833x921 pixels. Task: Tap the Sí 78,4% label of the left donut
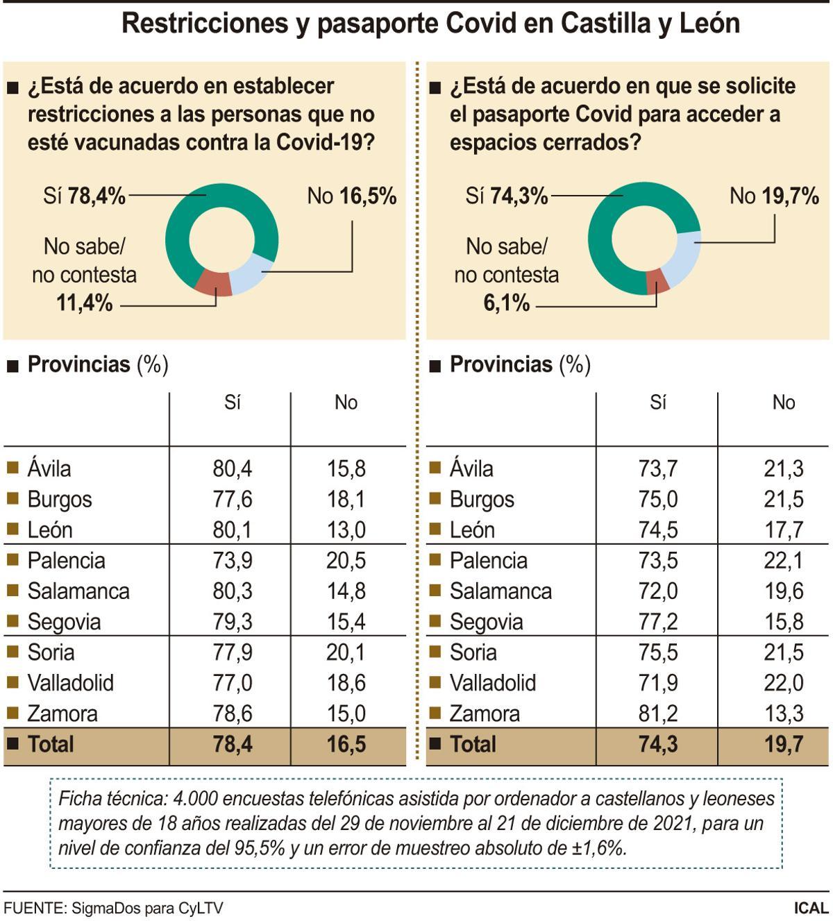pyautogui.click(x=84, y=196)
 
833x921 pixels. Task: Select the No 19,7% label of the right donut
pyautogui.click(x=774, y=196)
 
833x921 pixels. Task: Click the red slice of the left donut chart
pyautogui.click(x=214, y=283)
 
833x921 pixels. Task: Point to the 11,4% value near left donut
pyautogui.click(x=84, y=303)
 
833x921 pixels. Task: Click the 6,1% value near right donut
pyautogui.click(x=506, y=303)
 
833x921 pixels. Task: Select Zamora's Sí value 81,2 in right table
pyautogui.click(x=657, y=713)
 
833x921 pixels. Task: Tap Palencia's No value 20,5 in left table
pyautogui.click(x=346, y=561)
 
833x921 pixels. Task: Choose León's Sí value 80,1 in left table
pyautogui.click(x=232, y=530)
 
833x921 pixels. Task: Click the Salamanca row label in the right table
pyautogui.click(x=500, y=591)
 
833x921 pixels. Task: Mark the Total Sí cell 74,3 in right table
pyautogui.click(x=657, y=745)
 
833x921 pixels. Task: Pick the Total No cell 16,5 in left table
pyautogui.click(x=346, y=745)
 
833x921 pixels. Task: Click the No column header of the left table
pyautogui.click(x=346, y=403)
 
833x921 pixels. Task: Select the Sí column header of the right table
pyautogui.click(x=657, y=403)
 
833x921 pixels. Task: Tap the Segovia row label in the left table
pyautogui.click(x=64, y=622)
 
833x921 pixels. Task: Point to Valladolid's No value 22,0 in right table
pyautogui.click(x=783, y=683)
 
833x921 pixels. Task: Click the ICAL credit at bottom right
pyautogui.click(x=811, y=908)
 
